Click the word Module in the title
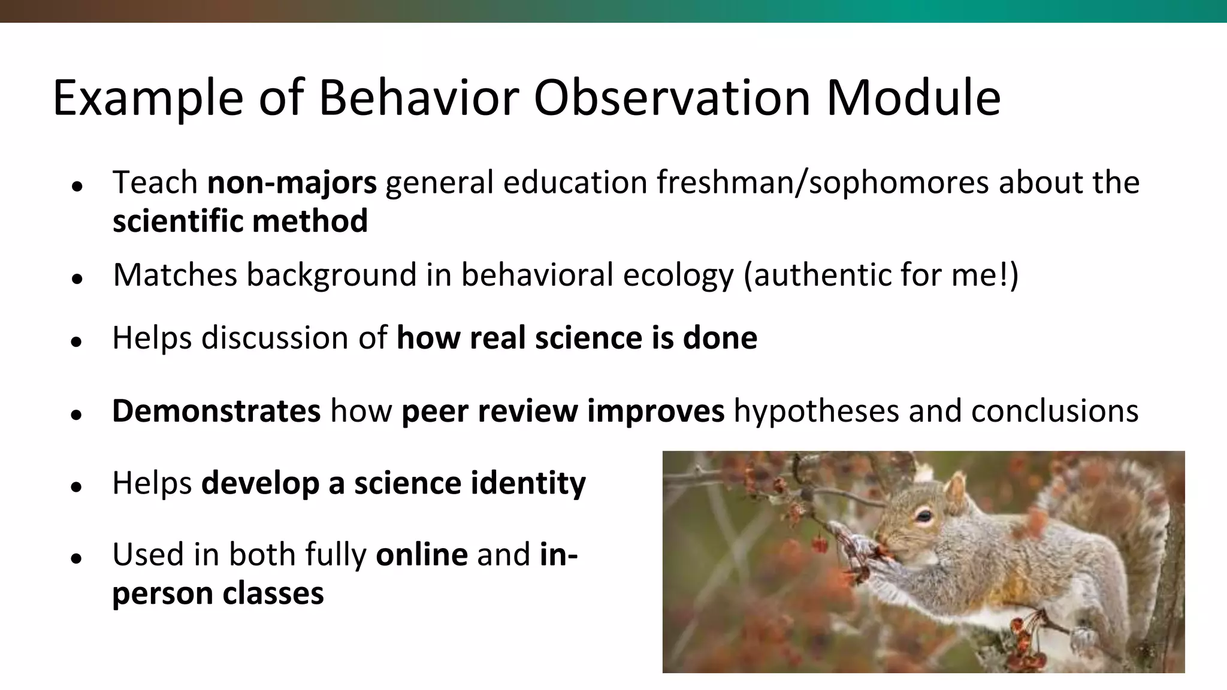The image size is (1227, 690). [x=913, y=98]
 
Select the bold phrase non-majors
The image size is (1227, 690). [x=292, y=182]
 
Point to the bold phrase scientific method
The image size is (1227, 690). [x=240, y=221]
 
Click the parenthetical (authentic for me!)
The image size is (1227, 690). [x=881, y=275]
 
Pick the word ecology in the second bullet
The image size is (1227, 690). [x=678, y=275]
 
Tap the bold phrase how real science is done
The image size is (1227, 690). [x=576, y=338]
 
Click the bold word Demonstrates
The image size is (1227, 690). [x=216, y=411]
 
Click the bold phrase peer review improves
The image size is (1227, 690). [x=563, y=411]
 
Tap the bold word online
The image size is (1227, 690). [x=421, y=555]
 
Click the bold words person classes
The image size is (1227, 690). [x=217, y=594]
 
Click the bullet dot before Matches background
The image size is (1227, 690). [x=75, y=279]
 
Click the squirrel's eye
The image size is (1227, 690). [x=924, y=515]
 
